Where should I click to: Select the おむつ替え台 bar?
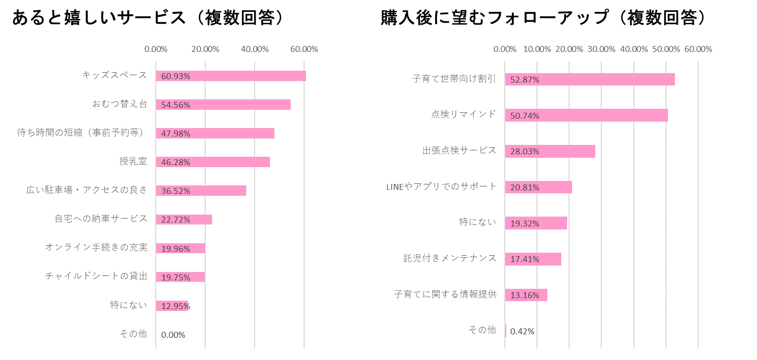(223, 104)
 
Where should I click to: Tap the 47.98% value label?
(176, 134)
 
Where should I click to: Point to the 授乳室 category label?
(133, 161)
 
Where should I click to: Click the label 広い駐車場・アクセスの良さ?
(87, 190)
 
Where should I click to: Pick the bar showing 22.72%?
(184, 220)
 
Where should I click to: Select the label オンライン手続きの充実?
(96, 247)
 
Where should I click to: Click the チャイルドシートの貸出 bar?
(180, 277)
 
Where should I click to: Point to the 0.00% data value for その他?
(173, 335)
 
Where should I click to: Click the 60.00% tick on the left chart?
(304, 49)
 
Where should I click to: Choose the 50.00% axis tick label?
(666, 49)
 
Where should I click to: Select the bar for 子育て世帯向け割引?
(589, 79)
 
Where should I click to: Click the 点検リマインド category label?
(463, 114)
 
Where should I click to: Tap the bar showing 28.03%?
(550, 151)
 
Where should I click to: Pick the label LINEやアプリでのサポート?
(441, 186)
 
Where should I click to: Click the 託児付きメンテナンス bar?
(533, 259)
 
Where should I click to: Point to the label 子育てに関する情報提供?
(445, 294)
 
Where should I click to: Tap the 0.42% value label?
(522, 331)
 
